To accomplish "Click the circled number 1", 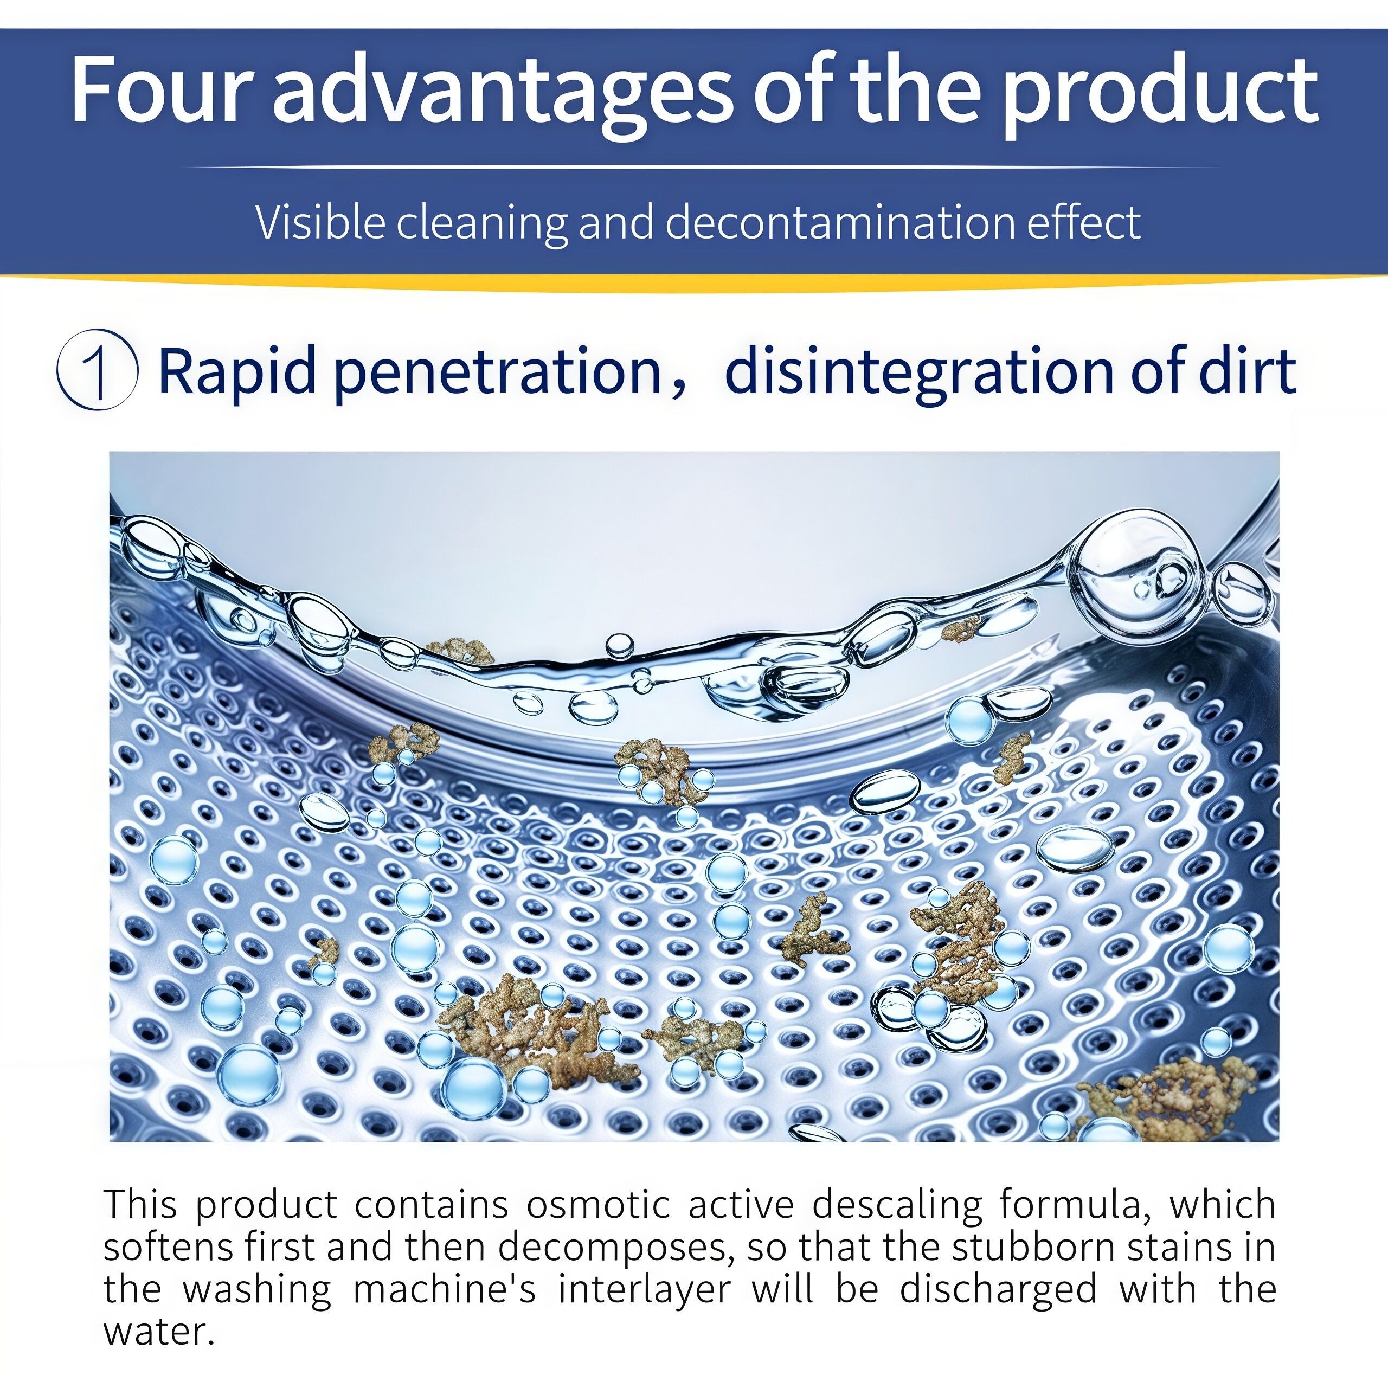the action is click(98, 369).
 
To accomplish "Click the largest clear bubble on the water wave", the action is click(1138, 575).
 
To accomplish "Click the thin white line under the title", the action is click(701, 168).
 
